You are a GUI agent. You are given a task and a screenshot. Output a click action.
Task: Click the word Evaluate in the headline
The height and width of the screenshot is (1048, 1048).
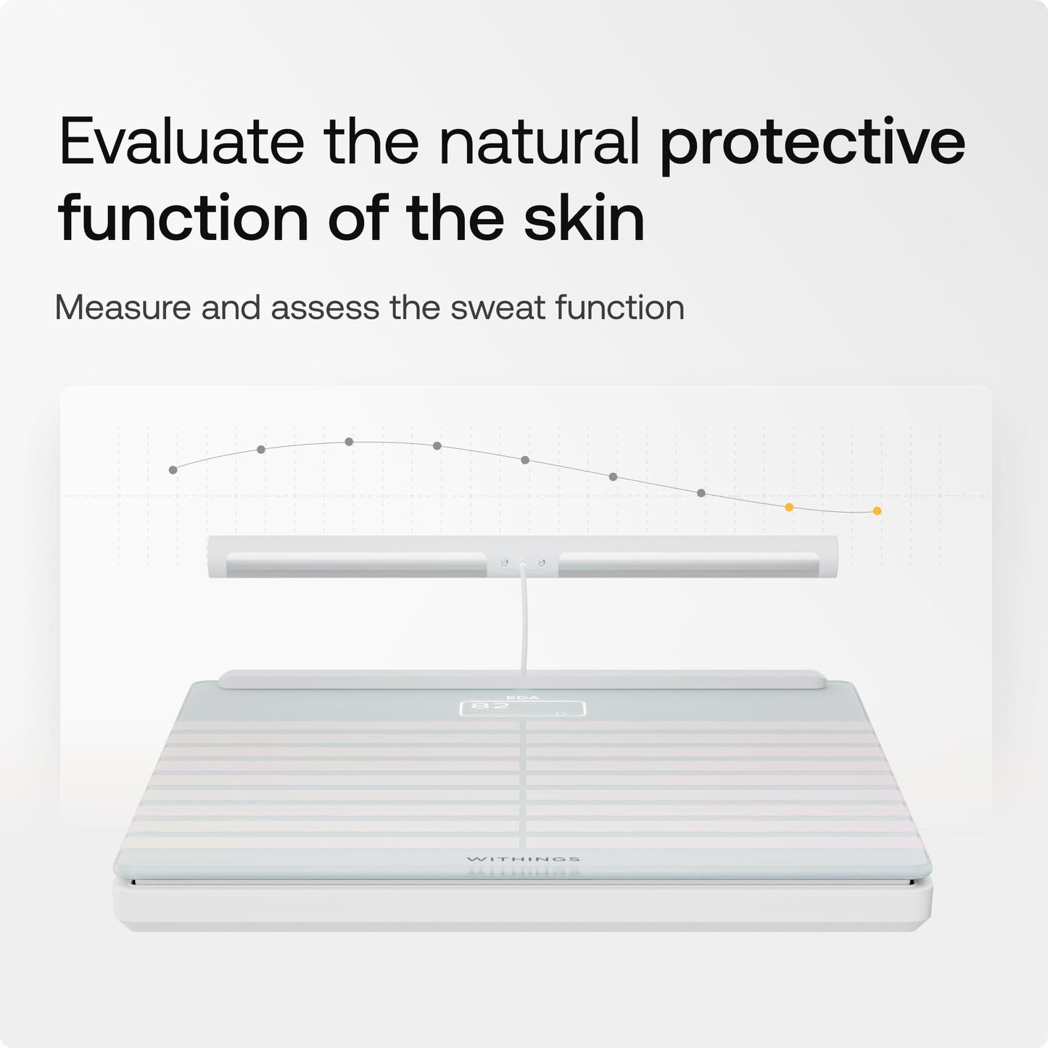click(x=181, y=142)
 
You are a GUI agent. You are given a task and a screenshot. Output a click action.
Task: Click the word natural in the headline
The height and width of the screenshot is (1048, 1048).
click(x=539, y=142)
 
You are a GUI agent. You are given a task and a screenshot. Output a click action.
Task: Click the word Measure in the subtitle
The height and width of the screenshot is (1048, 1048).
click(x=121, y=308)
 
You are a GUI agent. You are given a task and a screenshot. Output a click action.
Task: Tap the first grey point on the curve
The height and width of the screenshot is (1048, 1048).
click(x=173, y=470)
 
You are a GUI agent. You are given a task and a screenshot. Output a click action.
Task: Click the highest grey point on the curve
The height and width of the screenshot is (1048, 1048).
click(x=349, y=441)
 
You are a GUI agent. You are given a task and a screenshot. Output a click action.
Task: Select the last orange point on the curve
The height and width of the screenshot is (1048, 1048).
click(x=877, y=511)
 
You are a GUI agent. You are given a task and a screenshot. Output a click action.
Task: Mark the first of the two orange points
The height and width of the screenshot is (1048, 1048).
click(x=789, y=507)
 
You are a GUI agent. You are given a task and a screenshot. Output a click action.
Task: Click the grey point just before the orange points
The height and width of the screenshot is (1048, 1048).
click(x=701, y=493)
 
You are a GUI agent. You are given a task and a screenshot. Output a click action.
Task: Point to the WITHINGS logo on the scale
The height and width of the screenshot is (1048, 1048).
click(x=523, y=859)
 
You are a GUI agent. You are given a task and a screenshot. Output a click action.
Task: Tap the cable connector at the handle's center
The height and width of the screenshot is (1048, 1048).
click(x=522, y=562)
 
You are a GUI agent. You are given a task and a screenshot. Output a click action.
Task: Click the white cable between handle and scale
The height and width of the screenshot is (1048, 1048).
click(x=522, y=624)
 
